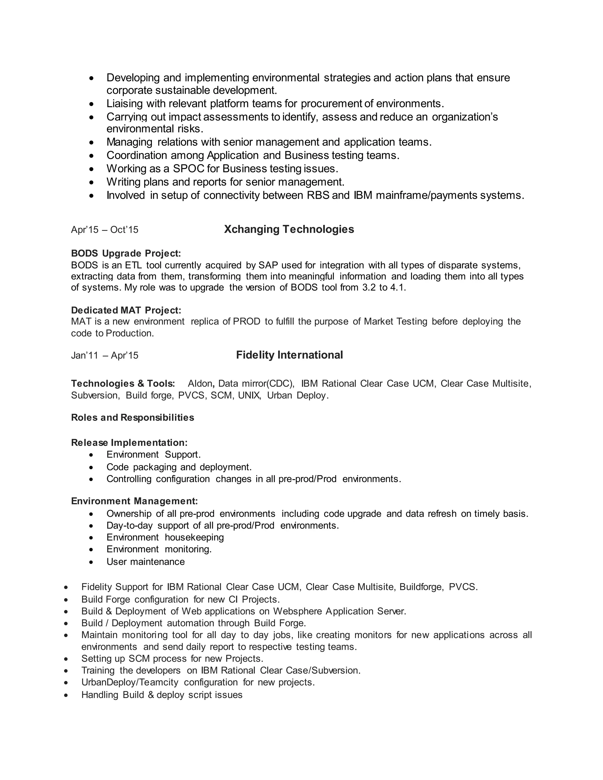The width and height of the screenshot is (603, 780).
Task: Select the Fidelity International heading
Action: pos(289,355)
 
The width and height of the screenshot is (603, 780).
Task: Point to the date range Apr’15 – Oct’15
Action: pos(105,230)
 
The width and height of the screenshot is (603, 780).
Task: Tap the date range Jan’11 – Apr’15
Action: pos(105,355)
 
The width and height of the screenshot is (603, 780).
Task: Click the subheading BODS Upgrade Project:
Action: pos(126,253)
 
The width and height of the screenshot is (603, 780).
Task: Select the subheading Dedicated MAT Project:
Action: pos(126,310)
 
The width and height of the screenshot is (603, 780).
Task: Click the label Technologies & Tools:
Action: pos(123,384)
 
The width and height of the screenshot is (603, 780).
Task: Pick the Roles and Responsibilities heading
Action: pos(132,417)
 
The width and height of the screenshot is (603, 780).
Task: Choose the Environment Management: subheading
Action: pos(134,501)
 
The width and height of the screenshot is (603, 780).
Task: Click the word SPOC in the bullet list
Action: pos(189,169)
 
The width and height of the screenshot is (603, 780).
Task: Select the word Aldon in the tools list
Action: pos(200,384)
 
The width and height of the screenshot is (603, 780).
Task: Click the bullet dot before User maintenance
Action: pos(92,562)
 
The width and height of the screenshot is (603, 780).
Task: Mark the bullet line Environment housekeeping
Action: pos(165,537)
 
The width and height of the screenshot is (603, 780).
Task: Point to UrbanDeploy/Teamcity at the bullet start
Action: pos(130,683)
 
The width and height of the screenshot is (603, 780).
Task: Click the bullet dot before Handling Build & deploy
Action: pos(66,695)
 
